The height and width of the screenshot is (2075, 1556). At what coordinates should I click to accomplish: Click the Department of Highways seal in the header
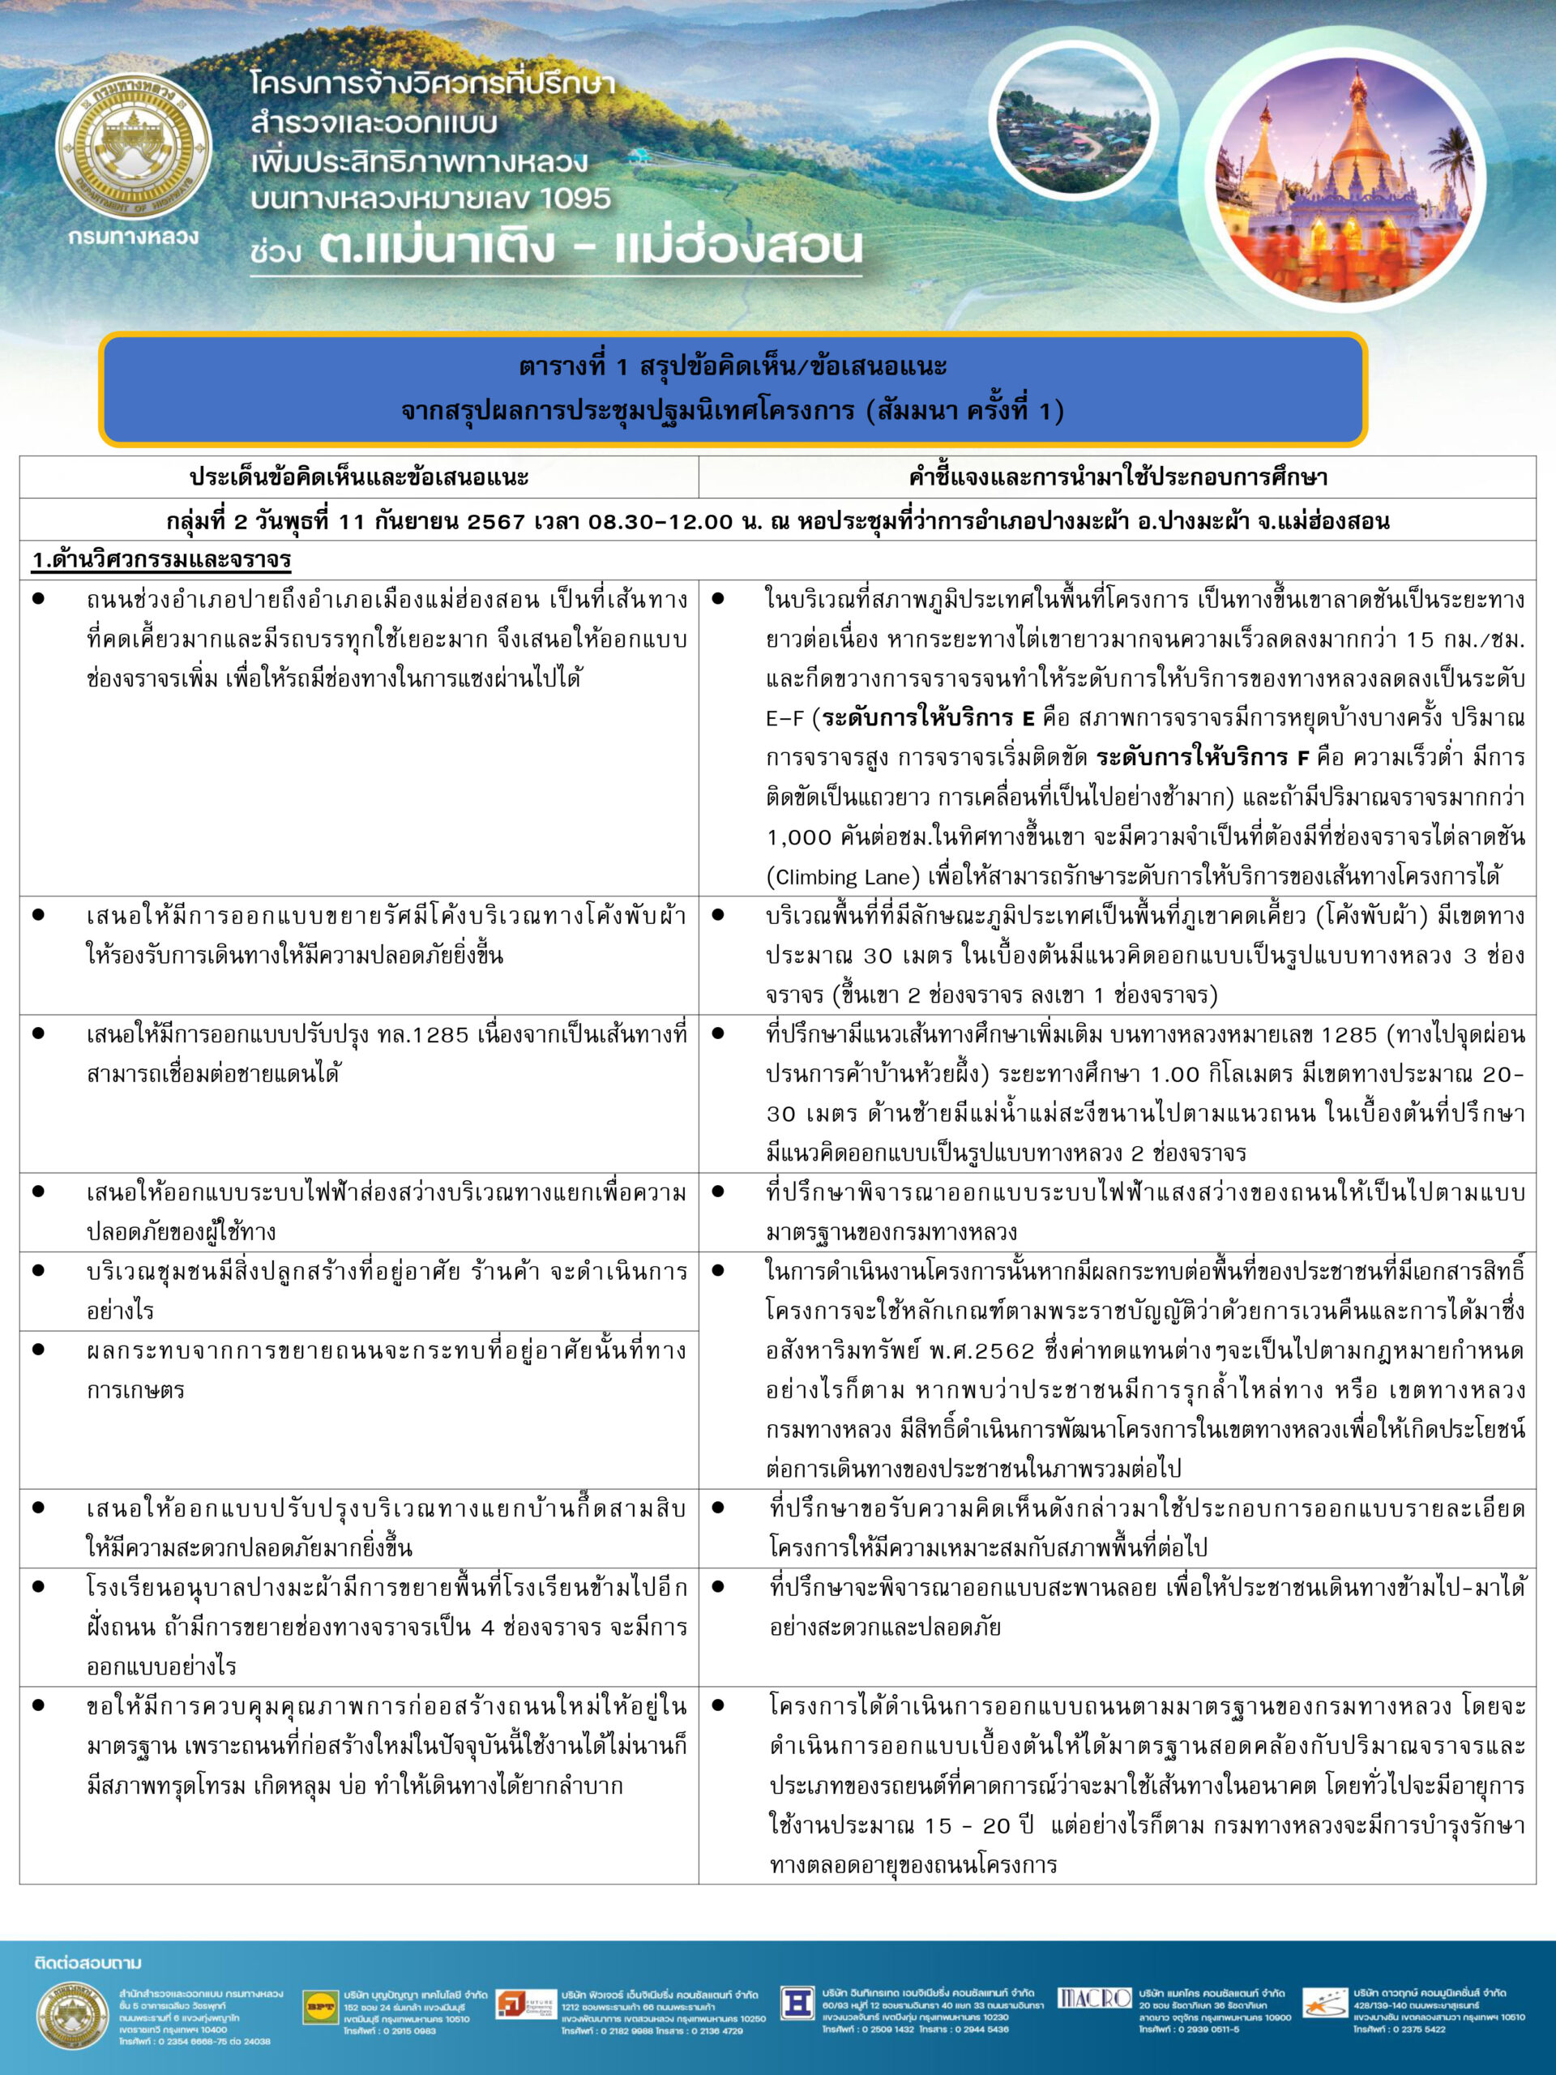pyautogui.click(x=134, y=148)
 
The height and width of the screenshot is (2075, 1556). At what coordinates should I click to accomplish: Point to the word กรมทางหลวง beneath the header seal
pyautogui.click(x=133, y=237)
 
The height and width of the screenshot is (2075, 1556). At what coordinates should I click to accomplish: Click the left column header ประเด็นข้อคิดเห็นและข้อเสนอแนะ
pyautogui.click(x=358, y=477)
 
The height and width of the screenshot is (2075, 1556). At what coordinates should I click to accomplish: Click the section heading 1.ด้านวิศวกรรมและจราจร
pyautogui.click(x=161, y=560)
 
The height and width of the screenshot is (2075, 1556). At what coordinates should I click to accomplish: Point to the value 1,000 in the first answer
pyautogui.click(x=799, y=836)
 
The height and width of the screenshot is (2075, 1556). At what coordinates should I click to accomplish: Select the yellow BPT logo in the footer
pyautogui.click(x=320, y=2008)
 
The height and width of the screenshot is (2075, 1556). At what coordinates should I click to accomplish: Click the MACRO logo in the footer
pyautogui.click(x=1093, y=1998)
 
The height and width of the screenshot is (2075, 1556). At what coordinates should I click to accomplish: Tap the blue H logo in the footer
pyautogui.click(x=797, y=2002)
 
